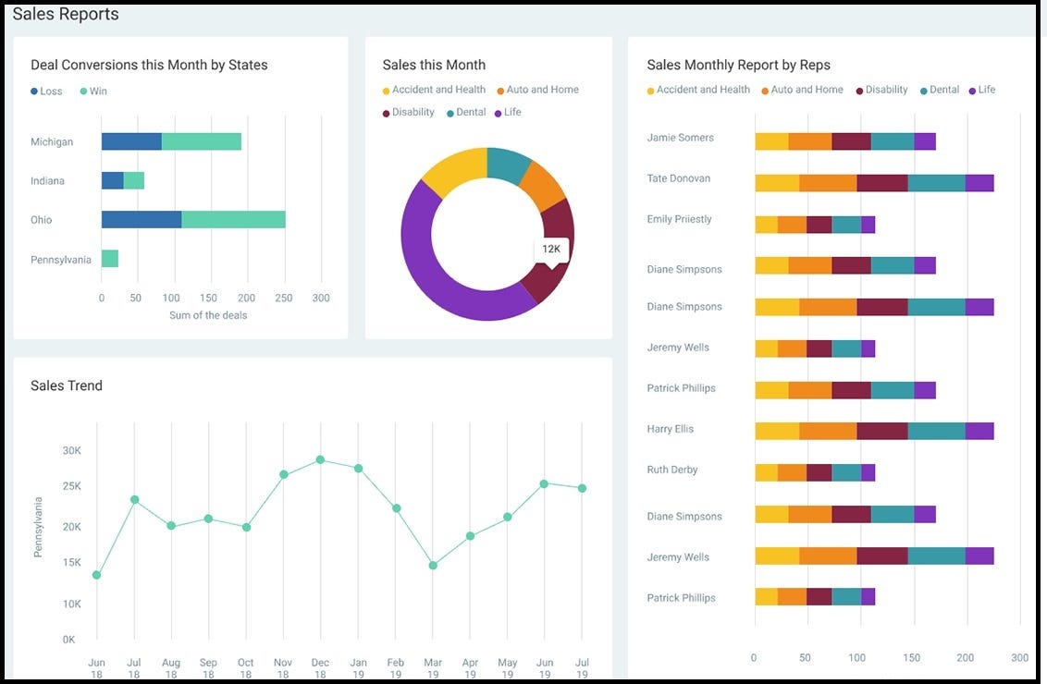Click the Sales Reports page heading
[x=66, y=14]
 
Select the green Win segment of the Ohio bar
[x=233, y=219]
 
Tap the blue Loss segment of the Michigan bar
[x=131, y=141]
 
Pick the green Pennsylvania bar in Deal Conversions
[x=110, y=259]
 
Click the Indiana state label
[x=47, y=181]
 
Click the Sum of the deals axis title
[x=208, y=315]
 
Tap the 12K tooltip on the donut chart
[x=551, y=250]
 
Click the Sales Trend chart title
[x=67, y=385]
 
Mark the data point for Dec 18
[x=320, y=459]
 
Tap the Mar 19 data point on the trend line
[x=433, y=566]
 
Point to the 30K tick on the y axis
[x=72, y=451]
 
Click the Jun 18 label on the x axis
[x=96, y=668]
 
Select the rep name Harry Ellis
[x=671, y=429]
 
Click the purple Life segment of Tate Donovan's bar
[x=979, y=183]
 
